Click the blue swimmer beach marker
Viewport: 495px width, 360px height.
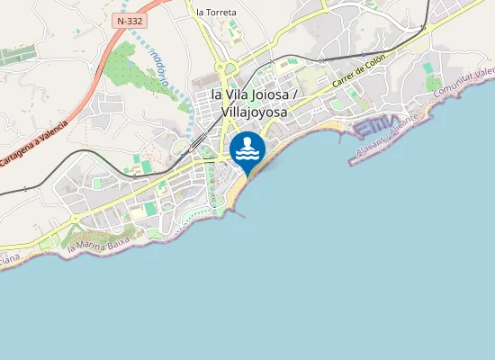point(247,151)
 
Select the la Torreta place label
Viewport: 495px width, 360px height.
point(216,13)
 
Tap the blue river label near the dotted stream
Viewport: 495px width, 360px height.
point(160,67)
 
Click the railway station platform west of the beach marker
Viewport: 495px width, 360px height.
point(196,145)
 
